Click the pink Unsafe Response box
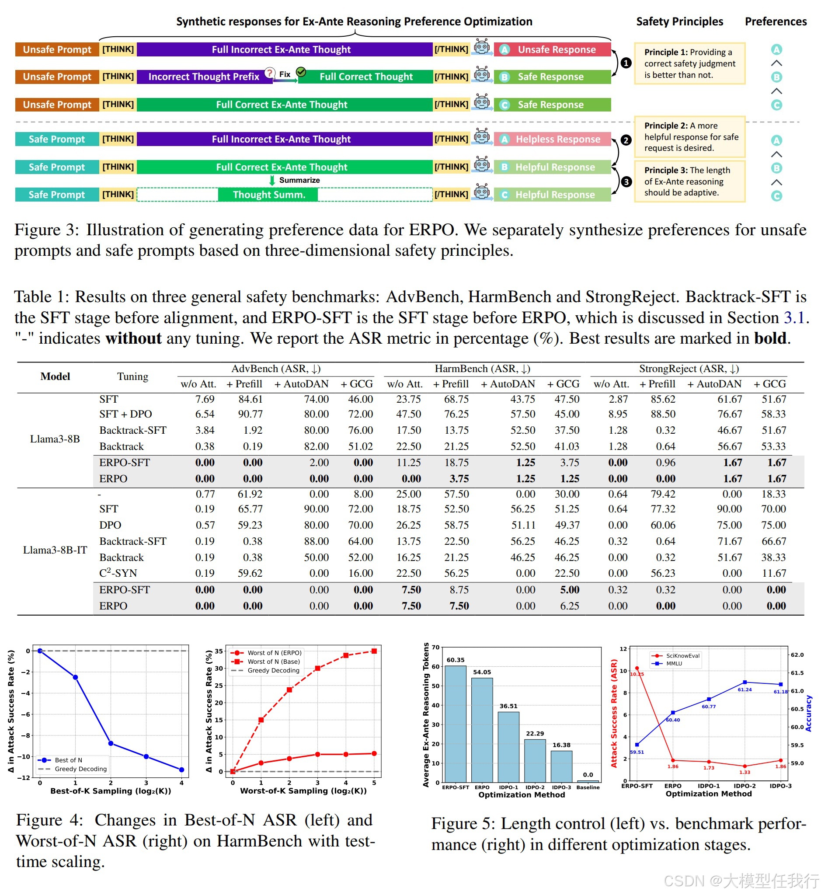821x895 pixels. (552, 49)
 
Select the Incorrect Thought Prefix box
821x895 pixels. (204, 77)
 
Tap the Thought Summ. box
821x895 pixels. (268, 195)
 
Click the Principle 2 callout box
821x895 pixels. (689, 137)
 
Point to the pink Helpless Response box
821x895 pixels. (552, 139)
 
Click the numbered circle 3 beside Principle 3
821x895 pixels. (626, 182)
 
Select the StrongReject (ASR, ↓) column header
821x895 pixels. (689, 369)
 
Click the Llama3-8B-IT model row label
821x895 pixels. (55, 550)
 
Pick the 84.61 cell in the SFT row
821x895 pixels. (250, 399)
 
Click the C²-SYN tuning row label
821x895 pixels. (118, 573)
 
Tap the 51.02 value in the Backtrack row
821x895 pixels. (360, 446)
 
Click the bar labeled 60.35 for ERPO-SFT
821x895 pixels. (456, 724)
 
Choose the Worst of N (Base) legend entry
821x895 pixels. (265, 662)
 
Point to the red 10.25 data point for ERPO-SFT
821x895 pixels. (637, 669)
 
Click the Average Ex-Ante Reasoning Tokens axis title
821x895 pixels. (426, 714)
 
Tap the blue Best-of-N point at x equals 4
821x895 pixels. (181, 770)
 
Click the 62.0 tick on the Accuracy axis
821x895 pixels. (797, 655)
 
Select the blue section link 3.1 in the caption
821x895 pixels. (794, 317)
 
